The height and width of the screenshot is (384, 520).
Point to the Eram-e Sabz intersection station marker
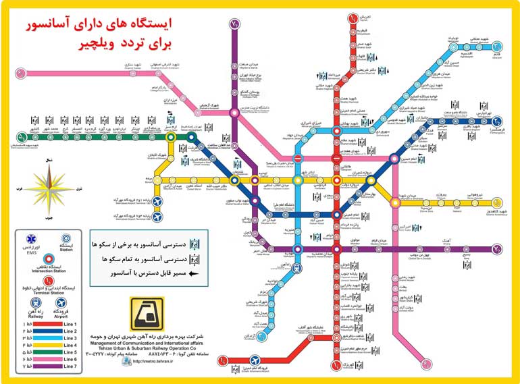pyautogui.click(x=172, y=137)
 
